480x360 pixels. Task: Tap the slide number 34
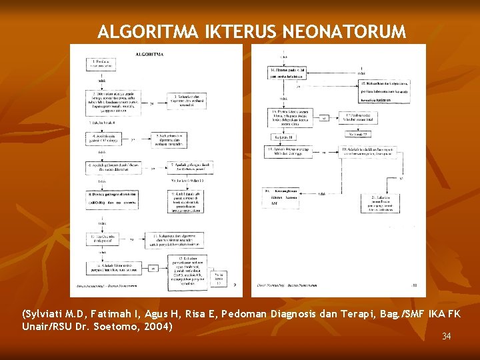[446, 336]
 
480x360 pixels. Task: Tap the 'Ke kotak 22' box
[355, 135]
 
